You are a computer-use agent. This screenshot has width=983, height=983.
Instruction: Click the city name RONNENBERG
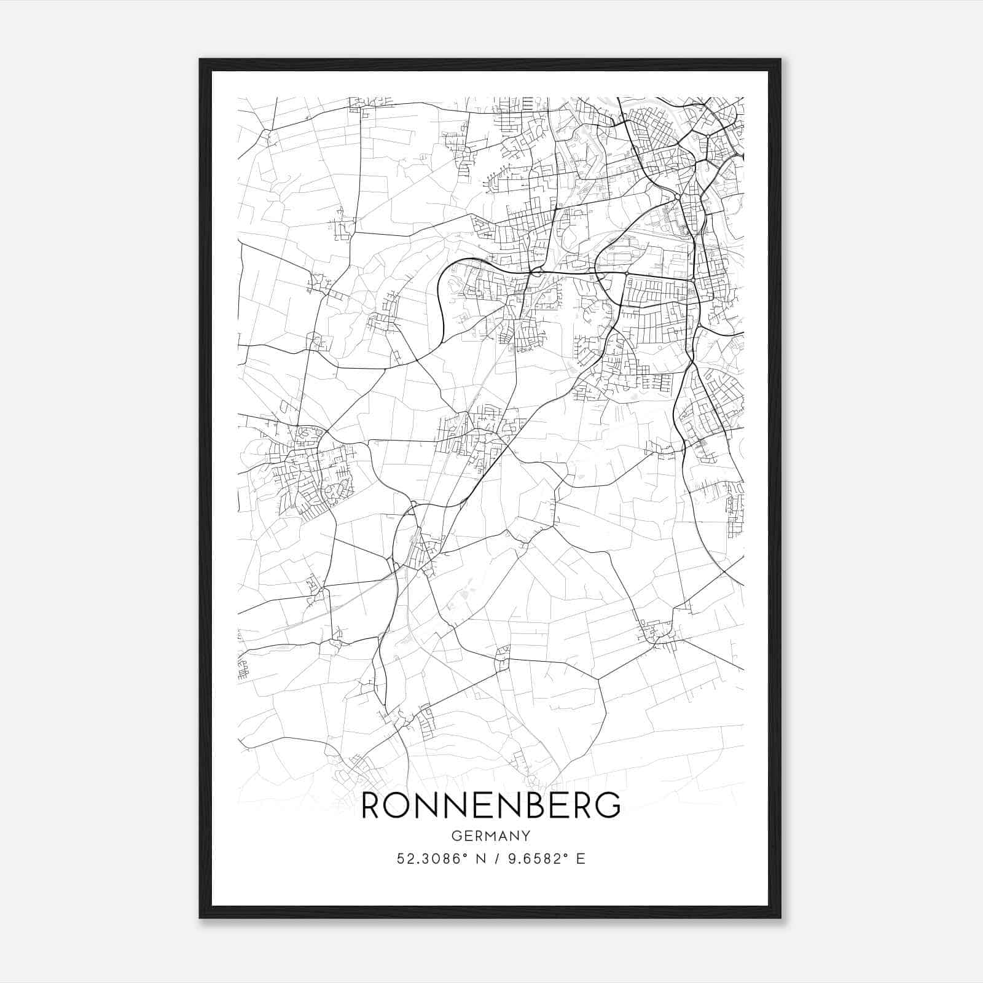[x=490, y=806]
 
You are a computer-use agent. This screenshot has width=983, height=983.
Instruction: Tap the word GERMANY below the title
[x=490, y=836]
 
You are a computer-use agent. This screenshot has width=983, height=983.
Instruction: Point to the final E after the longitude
[x=580, y=859]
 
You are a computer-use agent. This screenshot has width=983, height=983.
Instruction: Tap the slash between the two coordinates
[x=493, y=859]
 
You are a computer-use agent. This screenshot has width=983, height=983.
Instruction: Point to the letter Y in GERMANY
[x=526, y=836]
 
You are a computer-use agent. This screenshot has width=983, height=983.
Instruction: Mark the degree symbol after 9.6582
[x=565, y=855]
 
